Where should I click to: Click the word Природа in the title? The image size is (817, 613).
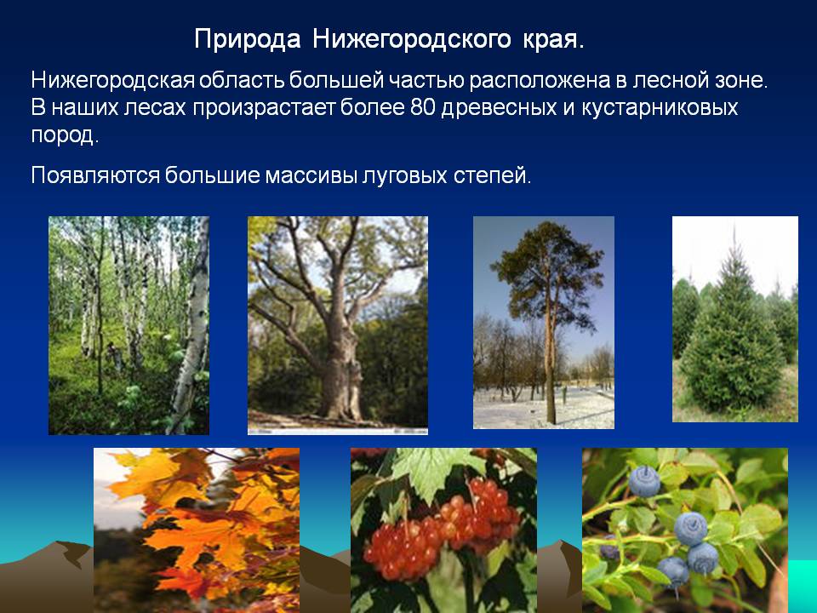point(247,40)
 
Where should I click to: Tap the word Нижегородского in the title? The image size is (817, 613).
point(412,40)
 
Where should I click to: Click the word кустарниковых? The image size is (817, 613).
point(660,108)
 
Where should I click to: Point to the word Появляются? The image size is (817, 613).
point(95,175)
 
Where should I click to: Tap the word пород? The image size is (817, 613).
point(64,136)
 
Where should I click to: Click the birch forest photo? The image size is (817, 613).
point(129,325)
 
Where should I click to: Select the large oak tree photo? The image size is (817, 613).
point(338,325)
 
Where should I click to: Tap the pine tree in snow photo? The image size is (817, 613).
point(544,323)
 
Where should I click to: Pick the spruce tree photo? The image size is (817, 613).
point(734,319)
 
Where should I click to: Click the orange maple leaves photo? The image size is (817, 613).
point(197,530)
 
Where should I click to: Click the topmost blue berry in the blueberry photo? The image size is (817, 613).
point(644,480)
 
